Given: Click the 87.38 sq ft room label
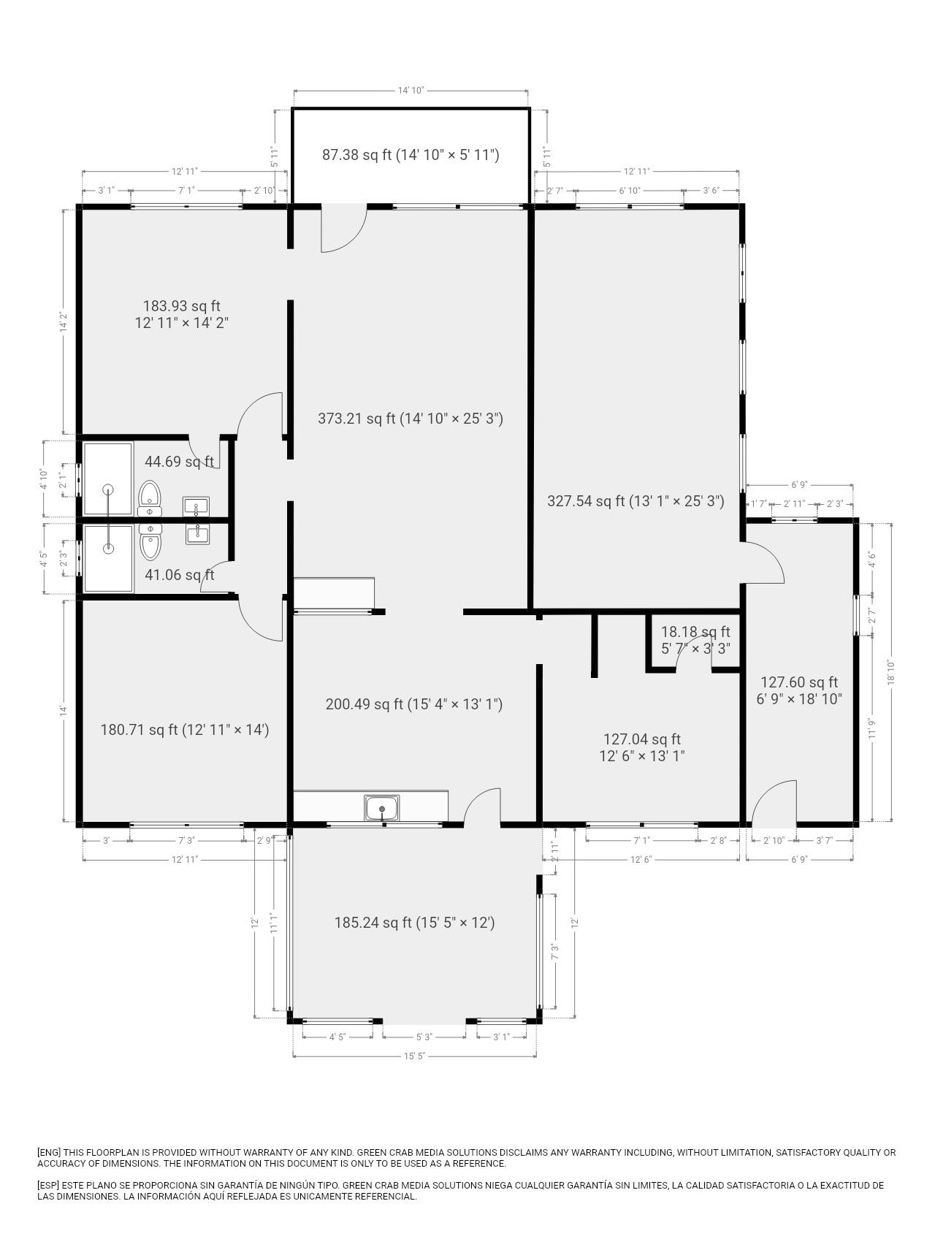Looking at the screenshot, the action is (x=411, y=155).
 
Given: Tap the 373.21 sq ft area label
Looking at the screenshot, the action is (x=411, y=419).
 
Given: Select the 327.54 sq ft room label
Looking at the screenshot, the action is (x=636, y=501).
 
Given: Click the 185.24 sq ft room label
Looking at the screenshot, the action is (x=414, y=923).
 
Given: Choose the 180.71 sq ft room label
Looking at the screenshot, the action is (x=184, y=729).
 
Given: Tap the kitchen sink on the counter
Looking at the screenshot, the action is (x=382, y=808).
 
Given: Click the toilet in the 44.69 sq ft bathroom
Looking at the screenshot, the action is (x=149, y=496).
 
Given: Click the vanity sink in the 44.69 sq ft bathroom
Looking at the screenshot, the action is (x=196, y=506).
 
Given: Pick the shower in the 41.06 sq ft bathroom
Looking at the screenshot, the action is (x=109, y=558).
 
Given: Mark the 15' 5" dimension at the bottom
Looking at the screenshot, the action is (x=414, y=1056).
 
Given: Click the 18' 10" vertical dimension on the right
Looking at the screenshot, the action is (x=890, y=672).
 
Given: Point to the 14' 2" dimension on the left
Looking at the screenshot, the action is (x=64, y=322).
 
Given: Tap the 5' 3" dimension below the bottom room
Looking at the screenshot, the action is (x=424, y=1037).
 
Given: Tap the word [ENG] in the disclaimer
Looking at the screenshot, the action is (x=49, y=1152).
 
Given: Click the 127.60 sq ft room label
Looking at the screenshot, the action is (x=799, y=690).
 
